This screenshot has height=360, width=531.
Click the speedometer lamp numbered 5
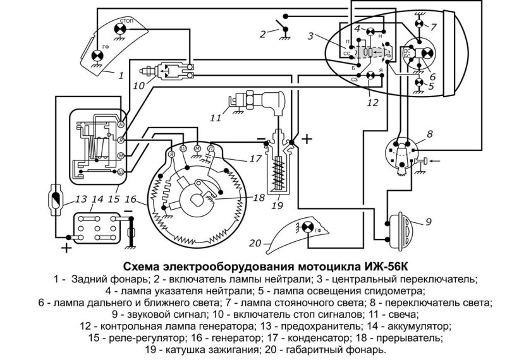click(419, 83)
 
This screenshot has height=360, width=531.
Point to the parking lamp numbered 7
click(419, 26)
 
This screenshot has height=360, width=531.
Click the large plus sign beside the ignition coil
click(306, 138)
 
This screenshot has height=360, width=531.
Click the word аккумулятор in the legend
click(417, 326)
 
